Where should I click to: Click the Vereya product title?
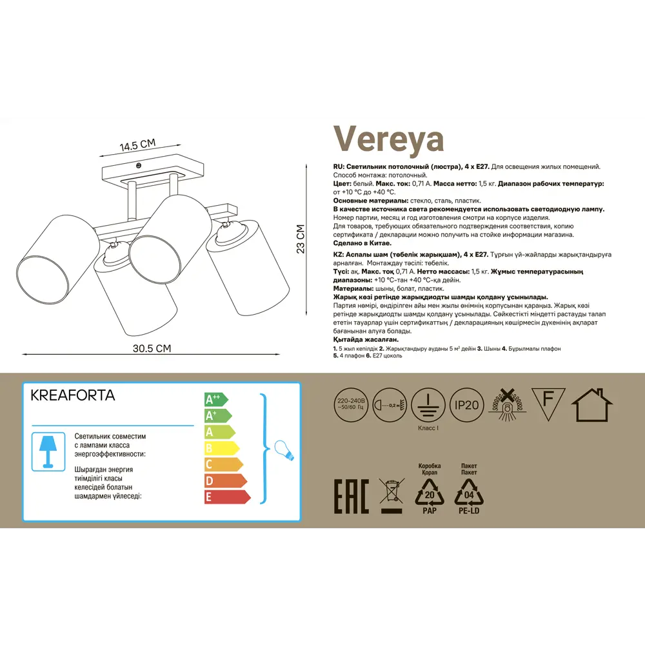coord(388,138)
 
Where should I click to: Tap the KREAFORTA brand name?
coord(73,395)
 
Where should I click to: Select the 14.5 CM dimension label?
coord(137,145)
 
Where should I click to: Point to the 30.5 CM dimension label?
coord(152,348)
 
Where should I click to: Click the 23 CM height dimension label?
coord(300,239)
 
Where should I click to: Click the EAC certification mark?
coord(350,497)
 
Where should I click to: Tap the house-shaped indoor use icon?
coord(591,404)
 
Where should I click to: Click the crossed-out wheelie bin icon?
coord(391,495)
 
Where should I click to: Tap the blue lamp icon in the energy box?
coord(48,450)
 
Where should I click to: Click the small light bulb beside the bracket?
coord(284,449)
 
